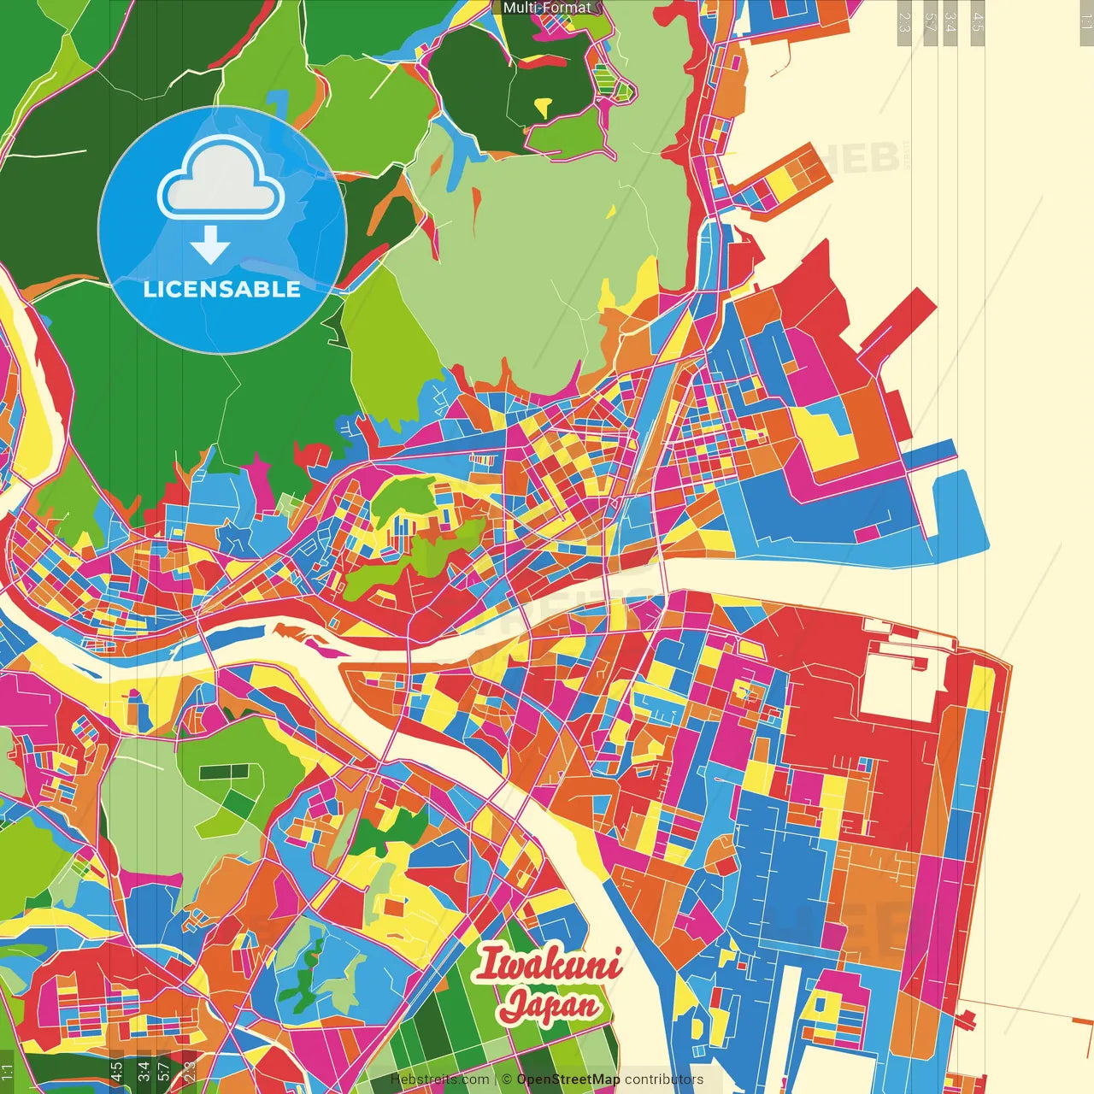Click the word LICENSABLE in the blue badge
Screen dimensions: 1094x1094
[222, 289]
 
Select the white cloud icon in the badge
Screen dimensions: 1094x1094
[221, 179]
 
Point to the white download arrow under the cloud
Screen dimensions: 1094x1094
[210, 245]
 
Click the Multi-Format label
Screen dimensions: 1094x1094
[547, 8]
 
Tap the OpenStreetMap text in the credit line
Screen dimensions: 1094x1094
[568, 1079]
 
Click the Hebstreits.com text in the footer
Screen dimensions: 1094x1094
[439, 1079]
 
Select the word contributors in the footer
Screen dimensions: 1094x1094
[664, 1079]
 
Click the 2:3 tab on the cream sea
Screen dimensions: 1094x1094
[903, 21]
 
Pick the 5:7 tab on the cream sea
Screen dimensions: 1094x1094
[930, 21]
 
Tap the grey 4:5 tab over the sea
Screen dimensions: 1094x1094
[978, 21]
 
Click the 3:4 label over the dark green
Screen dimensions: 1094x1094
[144, 1071]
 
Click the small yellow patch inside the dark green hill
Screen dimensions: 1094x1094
[543, 107]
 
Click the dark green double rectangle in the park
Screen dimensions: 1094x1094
[223, 773]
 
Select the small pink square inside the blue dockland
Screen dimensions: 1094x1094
[867, 533]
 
